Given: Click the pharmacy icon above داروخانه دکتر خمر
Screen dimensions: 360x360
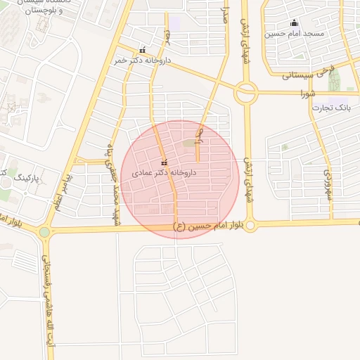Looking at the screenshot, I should coord(143,50).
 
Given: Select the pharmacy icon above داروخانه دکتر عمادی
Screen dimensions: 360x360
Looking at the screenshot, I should coord(165,164).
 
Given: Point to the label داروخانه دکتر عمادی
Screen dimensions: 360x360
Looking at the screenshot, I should coord(164,173).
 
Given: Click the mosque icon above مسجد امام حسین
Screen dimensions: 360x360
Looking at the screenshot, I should coord(294,23).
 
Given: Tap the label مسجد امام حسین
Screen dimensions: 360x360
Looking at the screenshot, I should coord(294,33).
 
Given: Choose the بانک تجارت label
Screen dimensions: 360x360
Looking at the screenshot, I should coord(334,108).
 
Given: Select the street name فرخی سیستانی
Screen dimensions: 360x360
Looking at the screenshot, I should coord(310,74).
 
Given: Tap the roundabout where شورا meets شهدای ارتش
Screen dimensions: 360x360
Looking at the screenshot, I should coord(247,92).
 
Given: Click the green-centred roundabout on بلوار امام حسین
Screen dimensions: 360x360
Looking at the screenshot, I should coord(45,231).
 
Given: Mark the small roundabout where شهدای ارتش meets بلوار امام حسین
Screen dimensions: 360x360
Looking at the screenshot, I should coord(251,225).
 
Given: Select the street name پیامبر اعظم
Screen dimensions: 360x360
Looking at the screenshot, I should coord(60,186).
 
